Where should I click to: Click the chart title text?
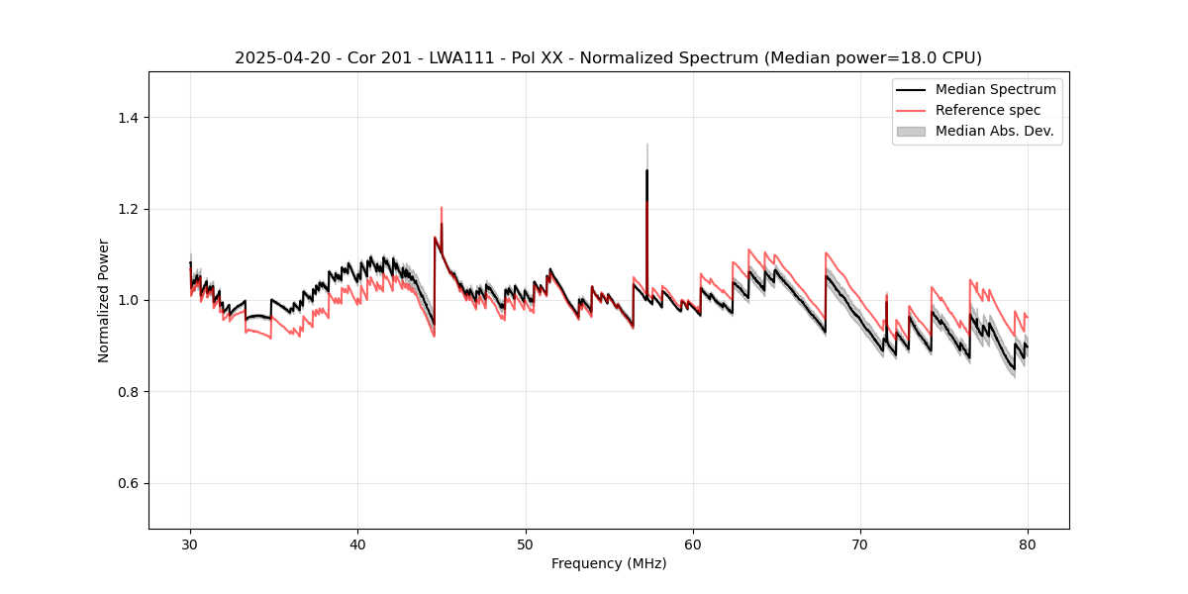(x=608, y=57)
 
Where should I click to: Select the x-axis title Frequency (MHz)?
(x=609, y=563)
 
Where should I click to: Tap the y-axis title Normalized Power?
(x=104, y=300)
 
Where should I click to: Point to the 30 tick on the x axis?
(x=190, y=544)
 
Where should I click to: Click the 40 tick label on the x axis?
(x=357, y=544)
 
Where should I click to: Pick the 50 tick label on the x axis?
(x=526, y=544)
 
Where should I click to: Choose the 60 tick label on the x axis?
(x=693, y=544)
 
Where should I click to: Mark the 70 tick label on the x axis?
(x=860, y=544)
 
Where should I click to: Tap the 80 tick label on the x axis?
(x=1028, y=544)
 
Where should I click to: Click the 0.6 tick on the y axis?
(x=131, y=483)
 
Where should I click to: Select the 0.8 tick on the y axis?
(x=131, y=392)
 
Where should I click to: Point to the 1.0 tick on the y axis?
(x=131, y=300)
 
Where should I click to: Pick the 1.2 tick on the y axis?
(x=131, y=209)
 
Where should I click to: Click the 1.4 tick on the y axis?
(x=131, y=118)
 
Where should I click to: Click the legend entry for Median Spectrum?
(x=995, y=89)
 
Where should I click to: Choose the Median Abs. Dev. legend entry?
(x=994, y=131)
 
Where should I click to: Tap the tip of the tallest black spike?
(x=646, y=170)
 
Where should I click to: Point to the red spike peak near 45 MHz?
(x=442, y=208)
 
